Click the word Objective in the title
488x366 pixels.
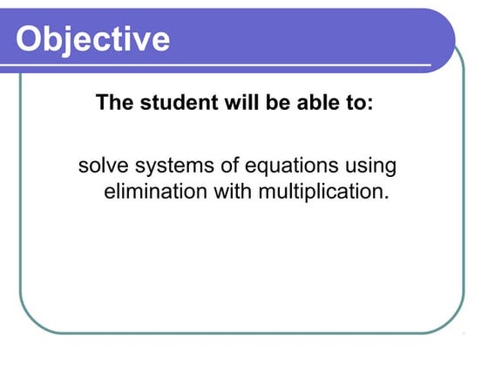click(93, 39)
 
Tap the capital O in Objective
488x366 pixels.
click(31, 38)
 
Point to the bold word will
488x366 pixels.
click(235, 103)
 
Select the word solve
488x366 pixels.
click(100, 165)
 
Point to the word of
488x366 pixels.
click(224, 165)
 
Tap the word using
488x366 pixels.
click(369, 166)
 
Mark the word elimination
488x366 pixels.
click(152, 191)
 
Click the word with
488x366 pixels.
click(229, 191)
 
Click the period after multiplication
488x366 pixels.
click(384, 197)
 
